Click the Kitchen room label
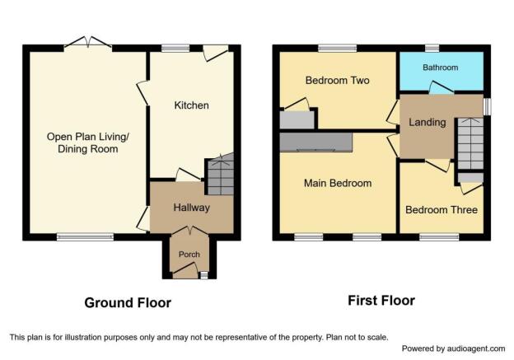coord(191,105)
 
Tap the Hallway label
coord(191,208)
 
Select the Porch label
coord(189,254)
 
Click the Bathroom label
coord(440,68)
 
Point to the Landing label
coord(428,122)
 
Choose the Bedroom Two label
coord(338,81)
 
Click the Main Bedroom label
coord(338,183)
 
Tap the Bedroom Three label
coord(442,210)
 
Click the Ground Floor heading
coord(128,302)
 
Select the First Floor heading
coord(381,301)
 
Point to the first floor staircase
coord(470,143)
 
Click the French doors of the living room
coord(88,44)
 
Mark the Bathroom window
coord(432,49)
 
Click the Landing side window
coord(487,106)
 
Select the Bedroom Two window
coord(338,49)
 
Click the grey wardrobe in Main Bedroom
coord(316,143)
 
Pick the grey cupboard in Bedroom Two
coord(297,120)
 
